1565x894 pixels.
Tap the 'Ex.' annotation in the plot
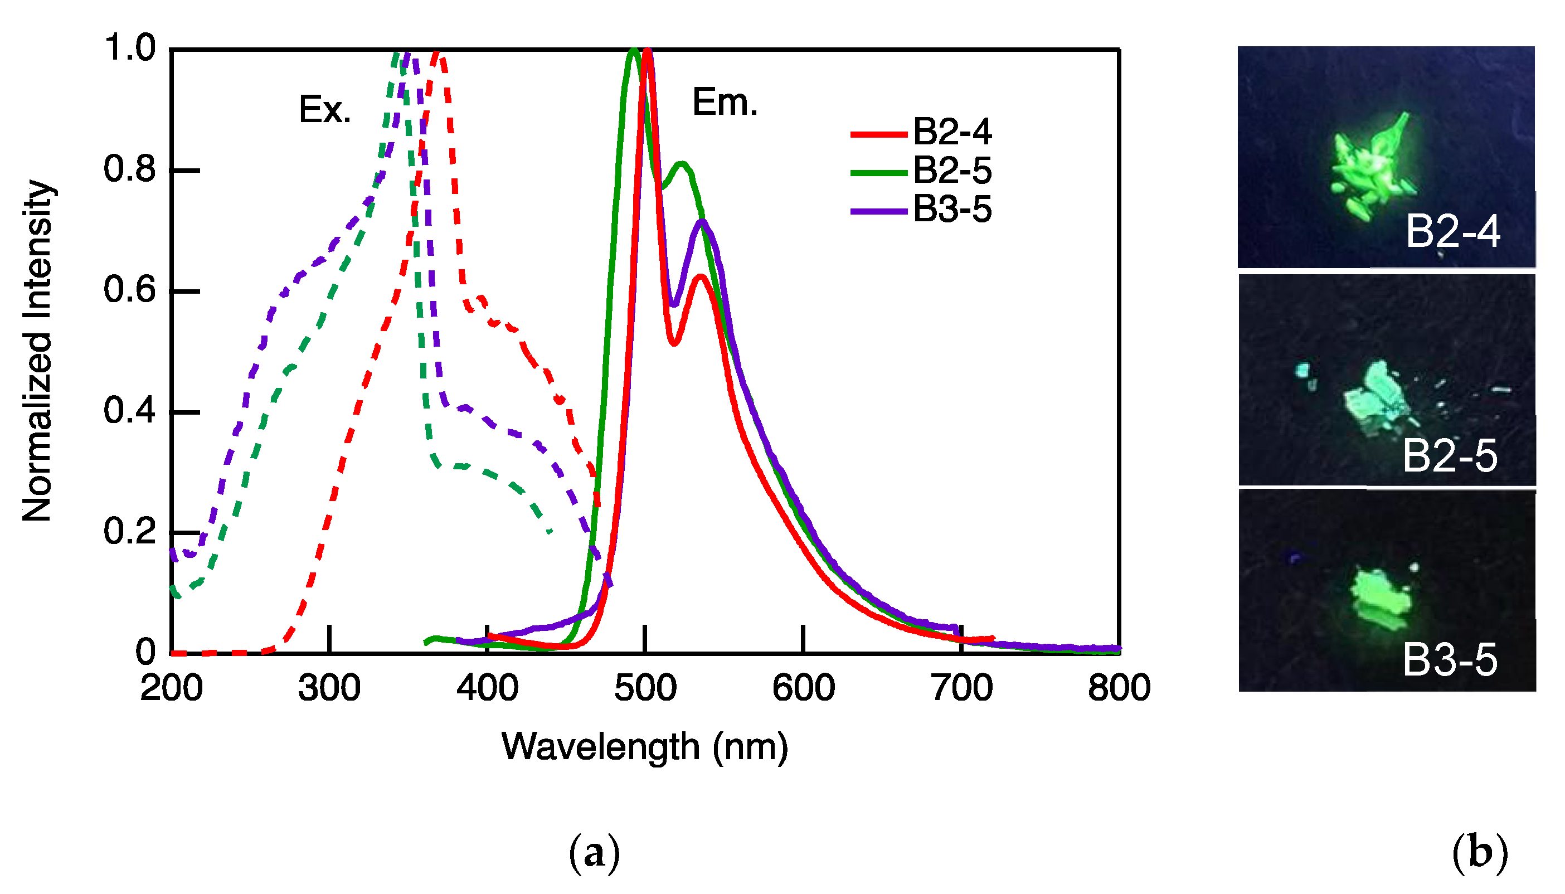pos(324,110)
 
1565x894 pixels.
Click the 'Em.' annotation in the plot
pos(725,103)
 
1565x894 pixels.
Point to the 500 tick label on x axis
pos(645,688)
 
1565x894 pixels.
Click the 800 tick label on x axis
pos(1119,688)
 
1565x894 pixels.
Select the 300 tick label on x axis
pos(329,688)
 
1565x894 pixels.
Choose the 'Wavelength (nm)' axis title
pos(644,747)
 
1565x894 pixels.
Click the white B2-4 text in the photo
pos(1452,232)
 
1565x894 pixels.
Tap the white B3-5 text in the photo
pos(1450,660)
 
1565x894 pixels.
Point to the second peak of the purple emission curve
pos(702,222)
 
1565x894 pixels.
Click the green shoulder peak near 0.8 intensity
pos(682,164)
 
